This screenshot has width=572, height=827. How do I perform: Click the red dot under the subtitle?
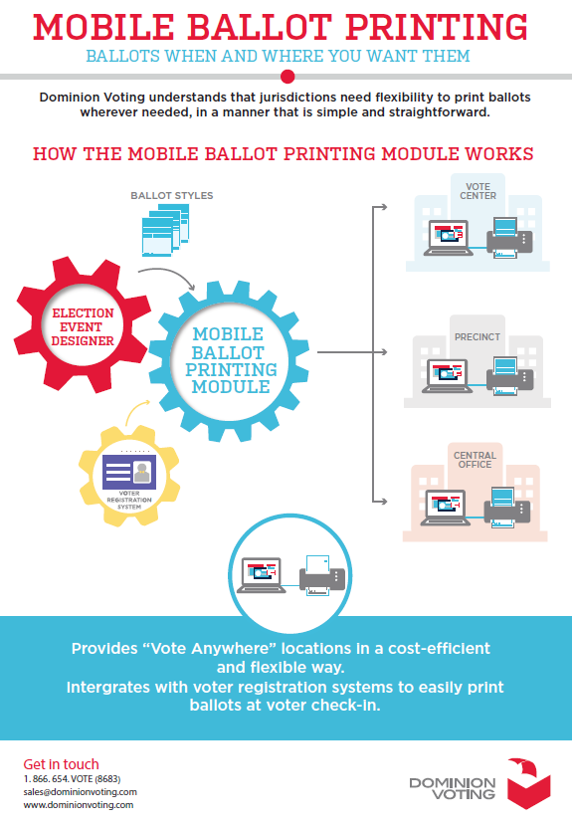pyautogui.click(x=287, y=77)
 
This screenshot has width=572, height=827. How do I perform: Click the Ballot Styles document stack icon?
pyautogui.click(x=165, y=231)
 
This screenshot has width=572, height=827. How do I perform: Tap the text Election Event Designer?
pyautogui.click(x=83, y=327)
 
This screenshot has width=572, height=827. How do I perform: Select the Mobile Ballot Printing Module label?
pyautogui.click(x=231, y=360)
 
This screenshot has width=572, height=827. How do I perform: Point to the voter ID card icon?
pyautogui.click(x=129, y=471)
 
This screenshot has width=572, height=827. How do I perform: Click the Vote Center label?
pyautogui.click(x=477, y=191)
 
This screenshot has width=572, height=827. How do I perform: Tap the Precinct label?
pyautogui.click(x=477, y=336)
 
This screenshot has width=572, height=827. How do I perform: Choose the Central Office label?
pyautogui.click(x=475, y=460)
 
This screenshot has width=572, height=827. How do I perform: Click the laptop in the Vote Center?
pyautogui.click(x=448, y=238)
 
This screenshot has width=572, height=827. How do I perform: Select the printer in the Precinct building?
pyautogui.click(x=509, y=376)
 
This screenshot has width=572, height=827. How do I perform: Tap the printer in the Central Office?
pyautogui.click(x=507, y=508)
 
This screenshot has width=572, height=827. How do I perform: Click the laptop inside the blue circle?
pyautogui.click(x=261, y=575)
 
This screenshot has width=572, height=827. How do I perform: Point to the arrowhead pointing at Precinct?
pyautogui.click(x=384, y=351)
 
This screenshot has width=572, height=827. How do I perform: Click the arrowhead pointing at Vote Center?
pyautogui.click(x=384, y=207)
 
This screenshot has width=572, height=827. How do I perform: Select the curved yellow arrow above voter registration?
pyautogui.click(x=135, y=412)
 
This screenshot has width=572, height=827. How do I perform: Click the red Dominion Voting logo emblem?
pyautogui.click(x=529, y=783)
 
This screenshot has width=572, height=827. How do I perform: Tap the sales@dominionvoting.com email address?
pyautogui.click(x=81, y=791)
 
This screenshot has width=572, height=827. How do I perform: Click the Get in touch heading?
pyautogui.click(x=61, y=764)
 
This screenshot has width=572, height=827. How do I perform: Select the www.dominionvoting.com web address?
pyautogui.click(x=79, y=805)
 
